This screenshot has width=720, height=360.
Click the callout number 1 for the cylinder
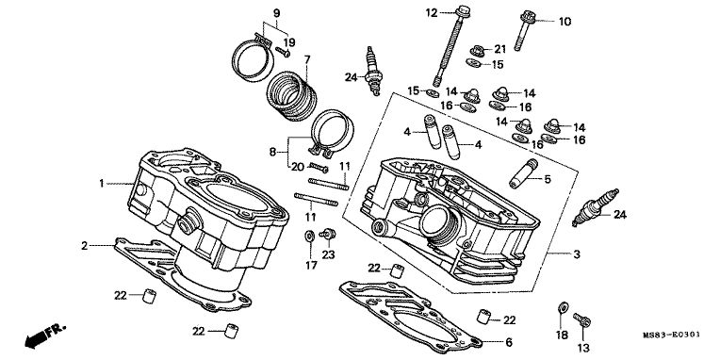pyautogui.click(x=102, y=184)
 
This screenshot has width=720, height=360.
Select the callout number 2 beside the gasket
pyautogui.click(x=84, y=246)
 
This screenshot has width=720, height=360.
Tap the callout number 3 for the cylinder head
pyautogui.click(x=577, y=254)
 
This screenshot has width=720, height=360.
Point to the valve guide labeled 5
pyautogui.click(x=523, y=173)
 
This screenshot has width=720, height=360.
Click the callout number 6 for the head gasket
pyautogui.click(x=508, y=342)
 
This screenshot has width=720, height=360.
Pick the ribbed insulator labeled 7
pyautogui.click(x=292, y=96)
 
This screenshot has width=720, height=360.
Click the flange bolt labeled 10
pyautogui.click(x=524, y=30)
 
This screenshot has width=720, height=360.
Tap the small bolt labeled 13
pyautogui.click(x=581, y=319)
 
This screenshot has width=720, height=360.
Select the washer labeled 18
pyautogui.click(x=563, y=306)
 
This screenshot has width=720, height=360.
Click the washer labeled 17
pyautogui.click(x=309, y=237)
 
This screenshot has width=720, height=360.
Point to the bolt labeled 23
pyautogui.click(x=327, y=234)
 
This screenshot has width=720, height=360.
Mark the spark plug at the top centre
pyautogui.click(x=373, y=71)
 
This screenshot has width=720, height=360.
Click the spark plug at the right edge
pyautogui.click(x=596, y=207)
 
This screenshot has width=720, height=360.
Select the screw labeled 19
pyautogui.click(x=283, y=53)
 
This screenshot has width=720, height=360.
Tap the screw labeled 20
pyautogui.click(x=319, y=168)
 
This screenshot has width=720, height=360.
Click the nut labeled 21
pyautogui.click(x=478, y=51)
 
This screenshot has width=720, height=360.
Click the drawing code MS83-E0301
pyautogui.click(x=671, y=335)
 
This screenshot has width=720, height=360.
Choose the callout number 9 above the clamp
pyautogui.click(x=276, y=13)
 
